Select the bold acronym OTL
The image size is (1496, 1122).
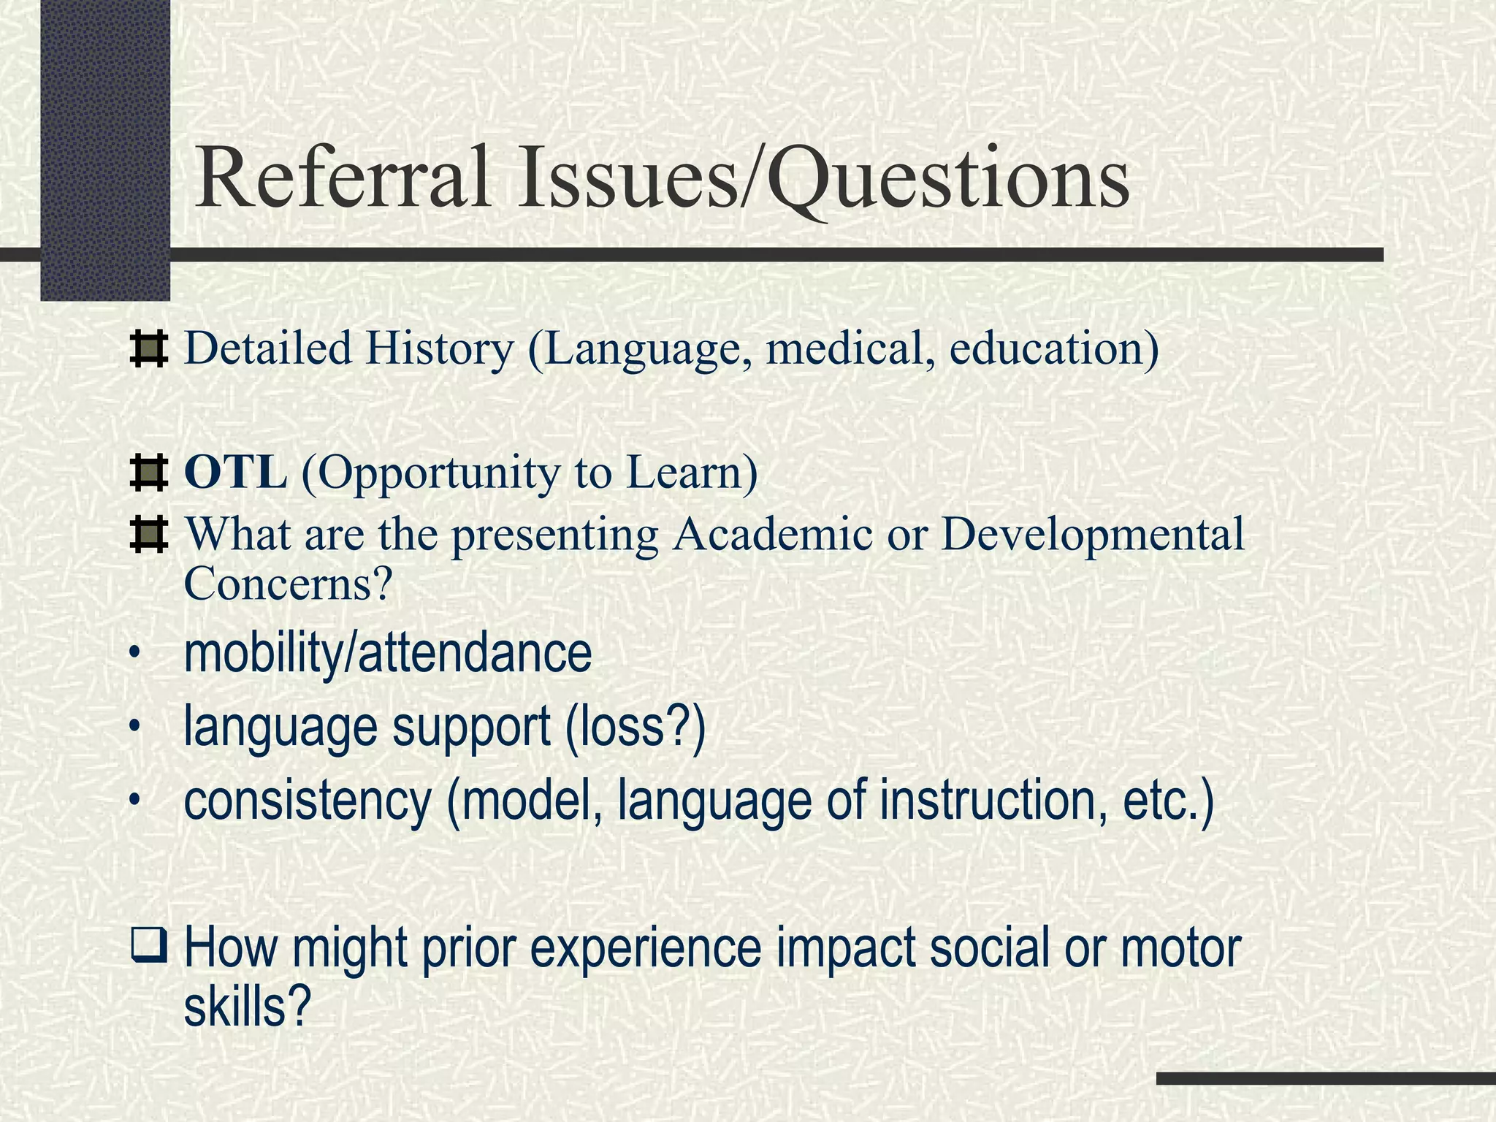click(235, 473)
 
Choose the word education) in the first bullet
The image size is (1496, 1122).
click(1054, 349)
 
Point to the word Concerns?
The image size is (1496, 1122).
click(289, 584)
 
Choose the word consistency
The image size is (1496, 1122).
click(308, 801)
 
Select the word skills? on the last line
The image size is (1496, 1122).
click(248, 1007)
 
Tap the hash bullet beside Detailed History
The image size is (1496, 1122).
click(148, 348)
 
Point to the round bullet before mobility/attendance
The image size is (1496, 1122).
click(133, 654)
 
